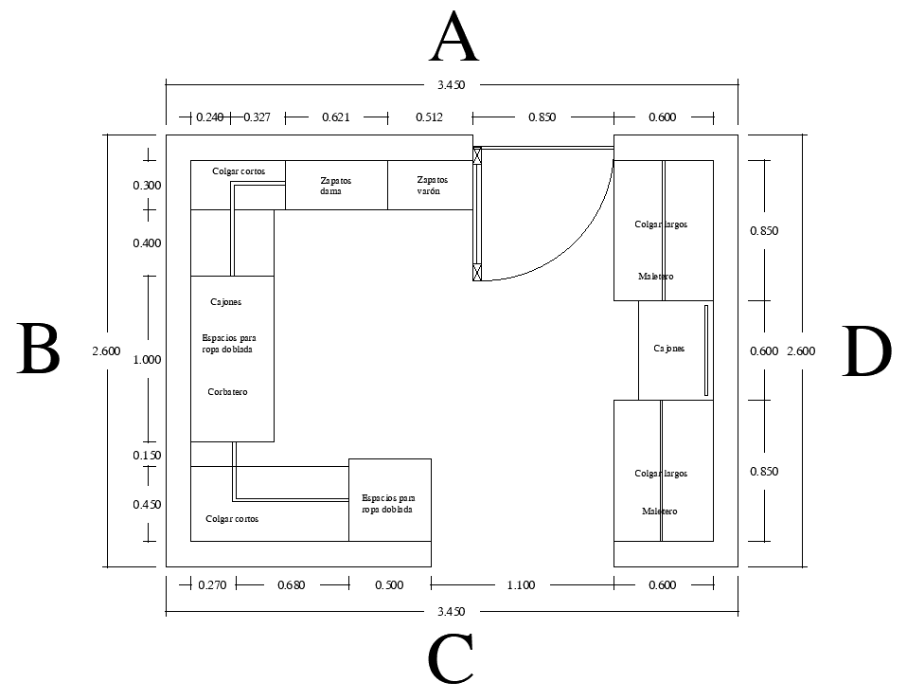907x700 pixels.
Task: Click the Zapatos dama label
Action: (x=336, y=186)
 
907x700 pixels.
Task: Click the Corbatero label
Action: (x=227, y=392)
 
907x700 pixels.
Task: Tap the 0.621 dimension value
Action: (x=336, y=118)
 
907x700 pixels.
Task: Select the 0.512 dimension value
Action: (x=429, y=118)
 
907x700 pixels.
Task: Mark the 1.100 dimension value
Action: (x=521, y=585)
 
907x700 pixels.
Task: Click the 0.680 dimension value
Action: (x=292, y=585)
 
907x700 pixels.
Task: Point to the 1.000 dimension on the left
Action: (x=147, y=360)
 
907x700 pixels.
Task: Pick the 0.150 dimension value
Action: (x=147, y=456)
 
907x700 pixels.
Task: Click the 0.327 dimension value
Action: (x=258, y=118)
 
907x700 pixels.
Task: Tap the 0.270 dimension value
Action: (x=212, y=585)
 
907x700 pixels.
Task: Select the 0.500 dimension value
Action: (x=389, y=585)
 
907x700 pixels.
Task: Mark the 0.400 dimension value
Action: (x=147, y=243)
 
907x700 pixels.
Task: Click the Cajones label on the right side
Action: (x=668, y=349)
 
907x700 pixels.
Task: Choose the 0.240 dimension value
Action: (x=209, y=118)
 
